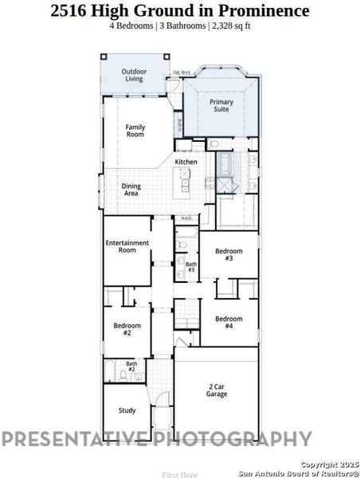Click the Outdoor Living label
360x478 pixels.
point(134,76)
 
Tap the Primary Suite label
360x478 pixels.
point(222,106)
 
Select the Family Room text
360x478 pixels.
point(135,131)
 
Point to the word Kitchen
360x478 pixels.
point(186,162)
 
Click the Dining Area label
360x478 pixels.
point(131,190)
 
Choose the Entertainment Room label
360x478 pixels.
point(127,246)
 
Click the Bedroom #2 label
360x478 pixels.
point(127,328)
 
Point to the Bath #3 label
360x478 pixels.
point(191,266)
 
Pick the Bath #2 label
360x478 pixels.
point(131,367)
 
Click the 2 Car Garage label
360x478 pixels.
point(217,390)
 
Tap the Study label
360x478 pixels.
point(127,410)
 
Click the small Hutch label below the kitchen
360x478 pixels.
point(186,217)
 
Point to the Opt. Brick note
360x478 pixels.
point(182,72)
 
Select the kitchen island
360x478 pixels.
point(186,186)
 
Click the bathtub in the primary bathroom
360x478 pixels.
point(225,165)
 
